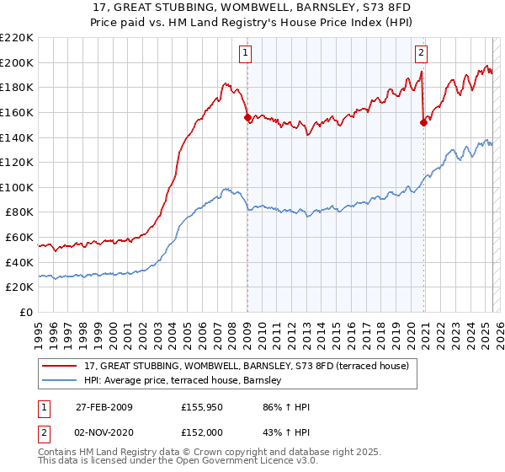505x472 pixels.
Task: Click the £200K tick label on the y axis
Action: tap(17, 62)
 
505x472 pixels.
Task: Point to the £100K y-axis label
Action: tap(17, 187)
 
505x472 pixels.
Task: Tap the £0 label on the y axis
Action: tap(25, 312)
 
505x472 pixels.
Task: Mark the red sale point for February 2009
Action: tap(247, 118)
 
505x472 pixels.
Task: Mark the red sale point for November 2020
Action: tap(423, 123)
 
